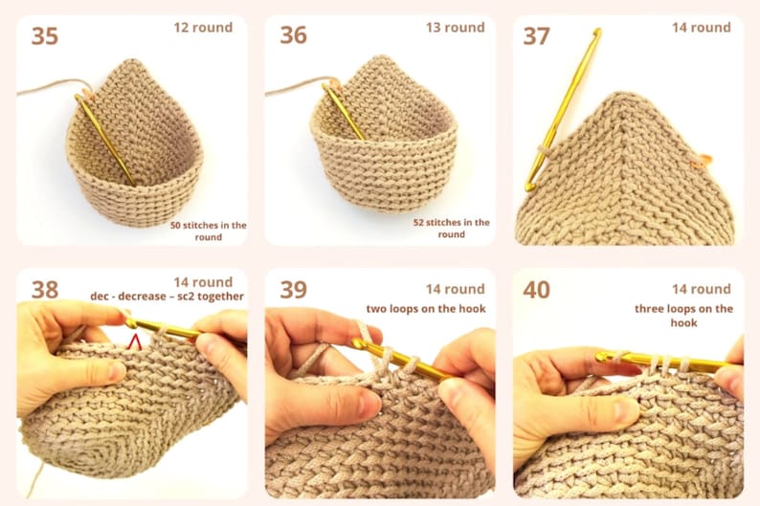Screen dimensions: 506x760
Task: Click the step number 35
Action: coord(45,36)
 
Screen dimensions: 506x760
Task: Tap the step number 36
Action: coord(293,35)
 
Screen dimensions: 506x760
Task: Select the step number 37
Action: coord(536,36)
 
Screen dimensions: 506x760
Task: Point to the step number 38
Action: coord(45,289)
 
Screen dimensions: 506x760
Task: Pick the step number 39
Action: coord(293,290)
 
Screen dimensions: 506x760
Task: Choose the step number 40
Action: coord(536,290)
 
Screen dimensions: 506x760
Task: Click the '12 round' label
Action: coord(203,27)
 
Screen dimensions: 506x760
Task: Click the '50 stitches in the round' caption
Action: coord(209,231)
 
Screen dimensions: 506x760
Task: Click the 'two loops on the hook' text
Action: coord(425,308)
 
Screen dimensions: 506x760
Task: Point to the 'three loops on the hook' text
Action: coord(683,316)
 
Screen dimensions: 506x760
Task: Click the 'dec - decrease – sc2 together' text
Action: coord(167,297)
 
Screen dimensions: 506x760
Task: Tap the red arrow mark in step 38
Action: coord(135,340)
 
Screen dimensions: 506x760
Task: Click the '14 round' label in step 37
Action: coord(701,27)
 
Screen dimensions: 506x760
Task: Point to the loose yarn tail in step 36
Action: coord(292,92)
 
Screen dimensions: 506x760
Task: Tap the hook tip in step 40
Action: coord(603,357)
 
